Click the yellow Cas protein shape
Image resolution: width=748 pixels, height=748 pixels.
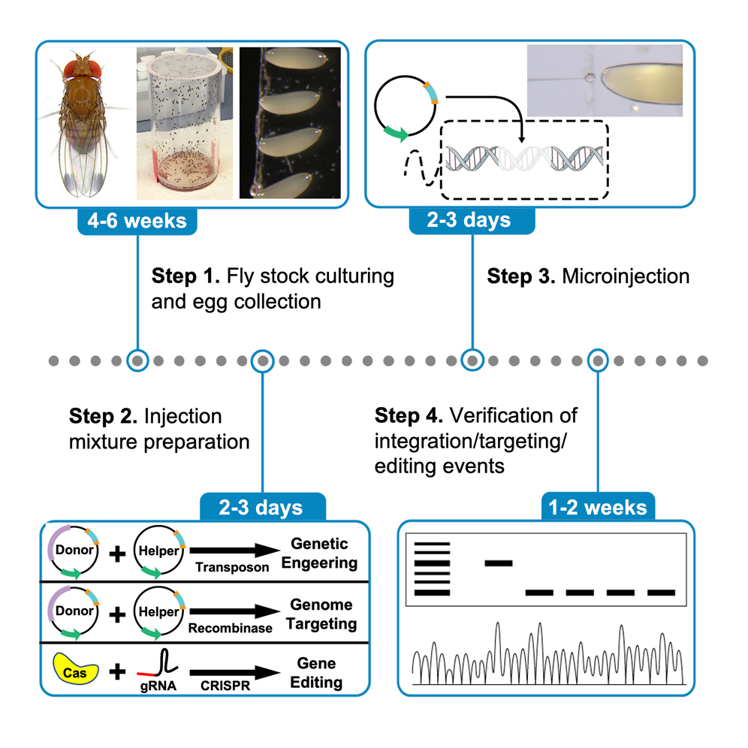coord(74,671)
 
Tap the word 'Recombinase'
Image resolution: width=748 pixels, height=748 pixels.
coord(234,627)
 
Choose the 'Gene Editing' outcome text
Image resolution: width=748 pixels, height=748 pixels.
coord(315,674)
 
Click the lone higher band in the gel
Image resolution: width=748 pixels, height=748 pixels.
coord(498,562)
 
